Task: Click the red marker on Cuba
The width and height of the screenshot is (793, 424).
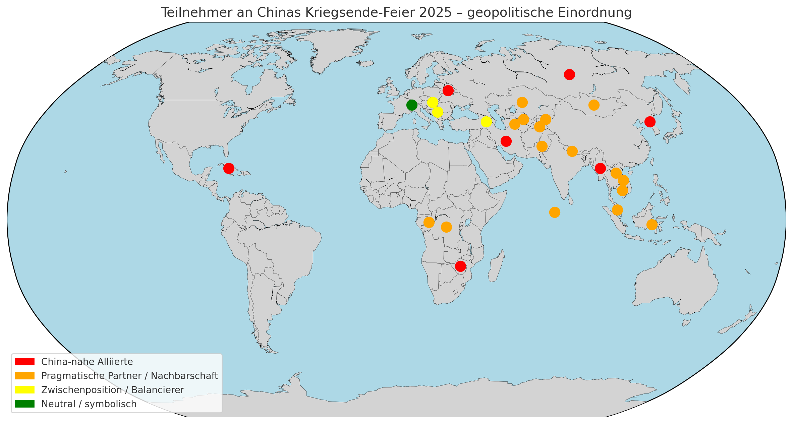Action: [229, 168]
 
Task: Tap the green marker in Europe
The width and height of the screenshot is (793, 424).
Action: [412, 105]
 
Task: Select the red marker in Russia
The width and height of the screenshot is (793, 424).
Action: [569, 74]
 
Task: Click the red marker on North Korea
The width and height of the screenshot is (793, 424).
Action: [650, 122]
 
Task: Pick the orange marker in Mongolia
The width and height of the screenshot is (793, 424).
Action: [594, 105]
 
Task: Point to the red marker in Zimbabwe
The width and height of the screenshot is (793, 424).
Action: [460, 266]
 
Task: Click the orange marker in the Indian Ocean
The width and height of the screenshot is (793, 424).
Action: [555, 212]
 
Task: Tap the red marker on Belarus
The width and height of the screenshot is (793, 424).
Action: [448, 90]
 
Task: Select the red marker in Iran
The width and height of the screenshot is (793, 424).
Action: [506, 141]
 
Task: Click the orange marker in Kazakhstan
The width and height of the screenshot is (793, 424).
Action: [522, 102]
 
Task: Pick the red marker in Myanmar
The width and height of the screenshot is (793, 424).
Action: [600, 168]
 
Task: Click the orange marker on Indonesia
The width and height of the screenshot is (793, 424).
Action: [652, 225]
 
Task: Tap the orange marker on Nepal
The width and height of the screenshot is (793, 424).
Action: [572, 152]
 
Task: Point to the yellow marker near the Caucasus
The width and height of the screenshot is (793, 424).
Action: [486, 122]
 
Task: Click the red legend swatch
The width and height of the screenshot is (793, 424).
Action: [24, 362]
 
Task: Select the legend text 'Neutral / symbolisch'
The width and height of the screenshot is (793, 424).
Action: [89, 404]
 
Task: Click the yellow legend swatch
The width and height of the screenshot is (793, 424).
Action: [24, 390]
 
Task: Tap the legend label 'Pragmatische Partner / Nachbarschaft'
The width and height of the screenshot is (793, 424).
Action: [129, 376]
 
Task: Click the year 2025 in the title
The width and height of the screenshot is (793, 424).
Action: [435, 12]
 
